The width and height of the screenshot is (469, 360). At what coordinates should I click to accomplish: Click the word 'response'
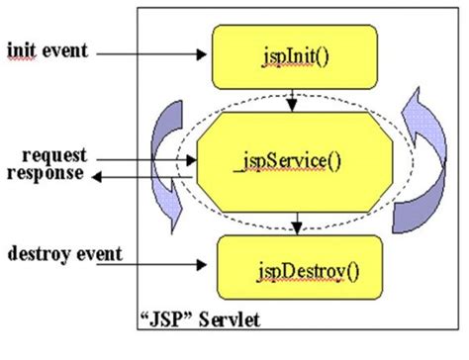click(x=47, y=173)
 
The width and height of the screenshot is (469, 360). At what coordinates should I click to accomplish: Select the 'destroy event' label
click(x=62, y=255)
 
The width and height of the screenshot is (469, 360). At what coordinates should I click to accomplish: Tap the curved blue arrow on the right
click(x=421, y=158)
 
